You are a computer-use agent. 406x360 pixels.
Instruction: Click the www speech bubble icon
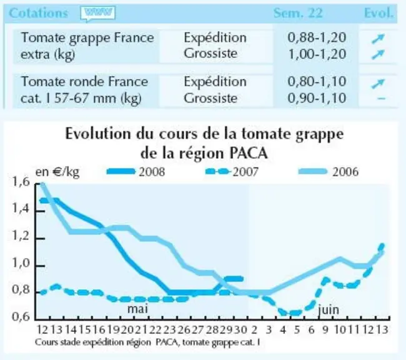98,14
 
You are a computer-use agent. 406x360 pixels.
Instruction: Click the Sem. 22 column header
298,13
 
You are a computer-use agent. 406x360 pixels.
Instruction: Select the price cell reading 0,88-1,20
317,37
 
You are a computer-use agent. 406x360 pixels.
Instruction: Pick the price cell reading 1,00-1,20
317,54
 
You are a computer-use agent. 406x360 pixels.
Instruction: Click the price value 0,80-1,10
317,82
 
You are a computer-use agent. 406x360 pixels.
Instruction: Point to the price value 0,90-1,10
317,98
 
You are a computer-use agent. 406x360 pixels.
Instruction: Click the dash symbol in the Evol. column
382,98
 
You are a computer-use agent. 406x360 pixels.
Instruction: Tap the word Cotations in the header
38,13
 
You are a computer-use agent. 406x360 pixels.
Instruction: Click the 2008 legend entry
136,172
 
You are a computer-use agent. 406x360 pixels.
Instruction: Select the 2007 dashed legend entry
232,172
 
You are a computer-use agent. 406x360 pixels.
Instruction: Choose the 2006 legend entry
329,172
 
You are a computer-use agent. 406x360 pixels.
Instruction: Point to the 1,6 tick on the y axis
21,182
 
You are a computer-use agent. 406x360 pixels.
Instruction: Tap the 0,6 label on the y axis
21,317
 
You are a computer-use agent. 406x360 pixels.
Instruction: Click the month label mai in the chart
138,309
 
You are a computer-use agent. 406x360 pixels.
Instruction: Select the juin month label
329,309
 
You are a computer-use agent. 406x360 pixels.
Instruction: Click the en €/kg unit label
57,172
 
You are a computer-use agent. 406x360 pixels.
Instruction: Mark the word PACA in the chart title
249,153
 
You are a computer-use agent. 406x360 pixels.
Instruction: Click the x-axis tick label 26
184,329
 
